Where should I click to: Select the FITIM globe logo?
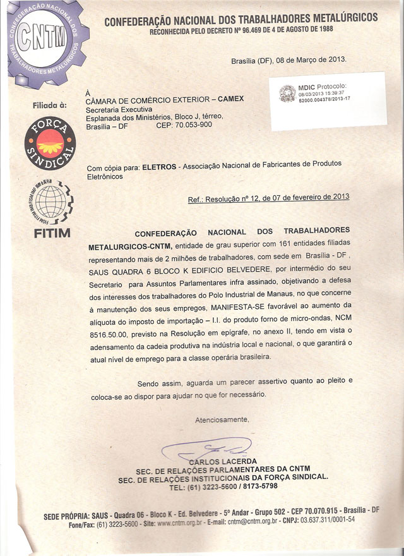pyautogui.click(x=52, y=202)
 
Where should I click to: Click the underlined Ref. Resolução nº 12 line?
pyautogui.click(x=268, y=198)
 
